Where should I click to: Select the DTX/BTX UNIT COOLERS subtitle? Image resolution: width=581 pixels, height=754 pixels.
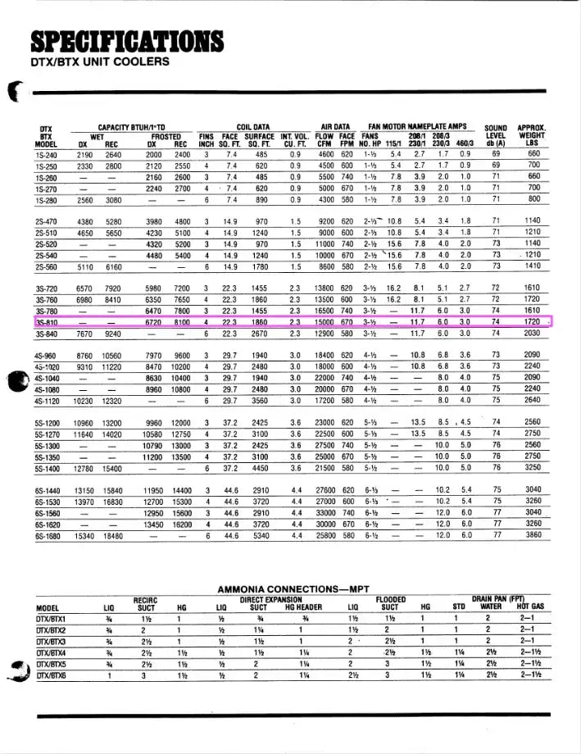click(100, 61)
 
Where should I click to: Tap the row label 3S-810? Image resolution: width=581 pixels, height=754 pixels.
click(46, 323)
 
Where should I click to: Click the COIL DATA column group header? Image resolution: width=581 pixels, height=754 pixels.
click(253, 127)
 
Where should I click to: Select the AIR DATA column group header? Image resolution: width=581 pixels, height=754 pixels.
click(336, 127)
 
